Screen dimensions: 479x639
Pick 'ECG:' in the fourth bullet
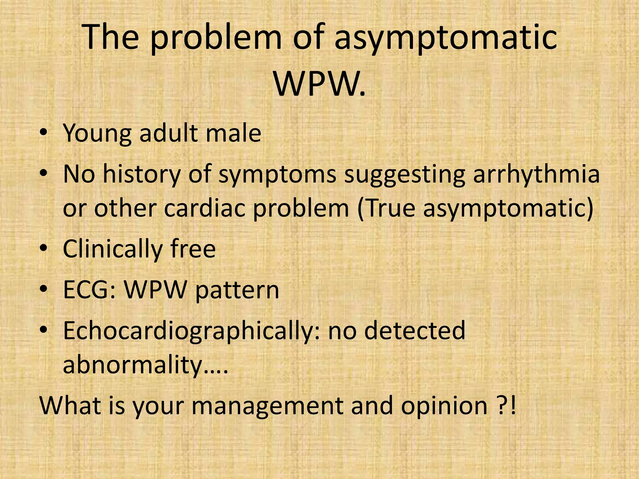(x=90, y=290)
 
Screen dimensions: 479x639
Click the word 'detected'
(x=415, y=331)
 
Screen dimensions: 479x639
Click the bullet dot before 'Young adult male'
(x=44, y=133)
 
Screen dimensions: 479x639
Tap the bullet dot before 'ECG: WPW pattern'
(x=44, y=290)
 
